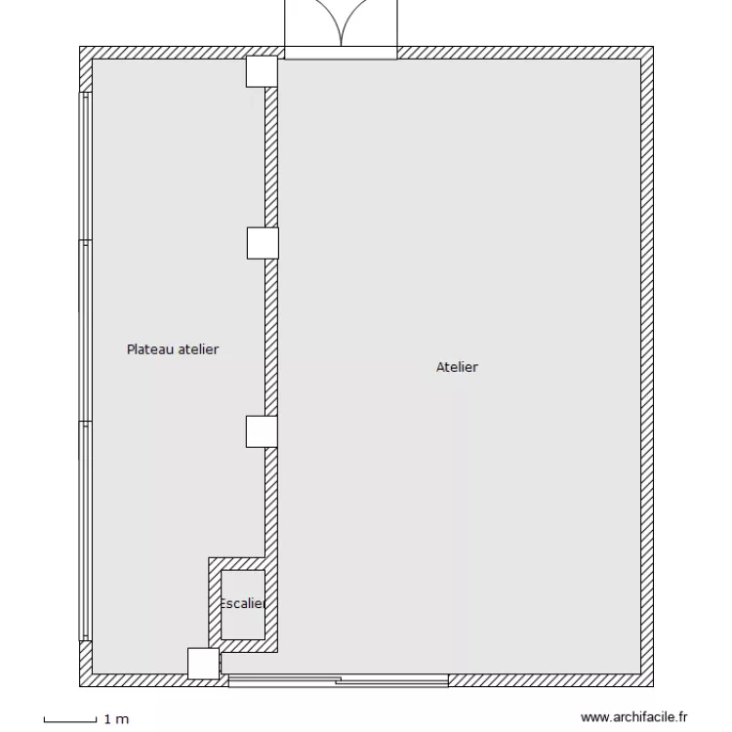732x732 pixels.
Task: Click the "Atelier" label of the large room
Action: [457, 368]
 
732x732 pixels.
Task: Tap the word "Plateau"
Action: [149, 348]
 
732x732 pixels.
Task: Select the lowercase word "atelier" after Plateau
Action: [197, 348]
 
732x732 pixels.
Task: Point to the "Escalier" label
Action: [243, 603]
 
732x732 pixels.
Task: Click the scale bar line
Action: [70, 720]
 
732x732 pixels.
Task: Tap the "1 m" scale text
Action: [116, 720]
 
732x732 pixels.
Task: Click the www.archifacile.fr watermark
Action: [634, 716]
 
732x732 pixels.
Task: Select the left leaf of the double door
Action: [311, 24]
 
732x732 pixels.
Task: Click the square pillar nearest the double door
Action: [261, 71]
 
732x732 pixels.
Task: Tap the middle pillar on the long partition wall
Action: [262, 242]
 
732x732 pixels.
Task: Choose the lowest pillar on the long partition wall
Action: [262, 431]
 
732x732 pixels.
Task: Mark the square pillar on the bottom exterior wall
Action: [204, 664]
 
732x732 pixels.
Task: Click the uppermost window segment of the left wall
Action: [86, 166]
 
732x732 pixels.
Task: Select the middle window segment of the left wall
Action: [86, 332]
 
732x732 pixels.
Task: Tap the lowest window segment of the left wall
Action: [86, 532]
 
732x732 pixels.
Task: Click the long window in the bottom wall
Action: [337, 679]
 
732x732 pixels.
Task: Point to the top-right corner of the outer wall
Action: [646, 53]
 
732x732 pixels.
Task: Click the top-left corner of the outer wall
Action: [86, 53]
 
